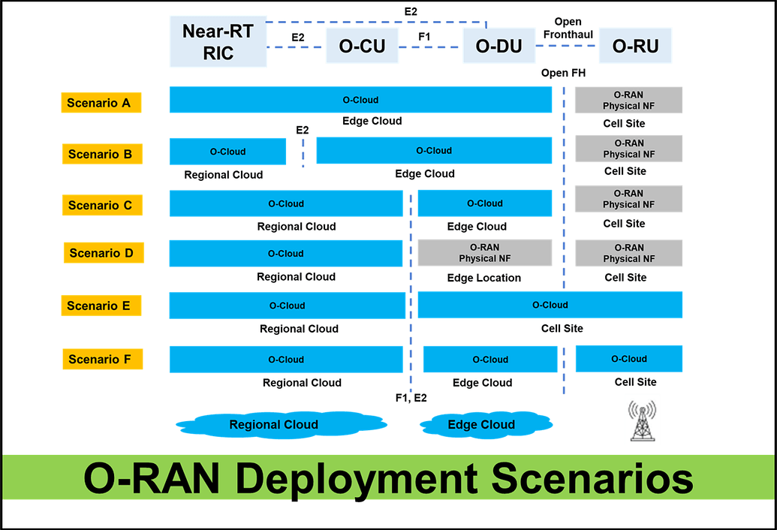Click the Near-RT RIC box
tap(218, 42)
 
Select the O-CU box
tap(362, 47)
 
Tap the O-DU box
tap(498, 47)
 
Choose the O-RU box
tap(635, 47)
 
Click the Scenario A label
tap(101, 103)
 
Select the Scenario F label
tap(101, 360)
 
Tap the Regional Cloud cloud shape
tap(274, 425)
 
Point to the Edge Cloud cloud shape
tap(481, 425)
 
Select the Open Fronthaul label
tap(568, 28)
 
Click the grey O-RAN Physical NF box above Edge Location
tap(484, 253)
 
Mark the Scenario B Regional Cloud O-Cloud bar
tap(227, 152)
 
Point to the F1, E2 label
tap(411, 398)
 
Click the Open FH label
tap(563, 74)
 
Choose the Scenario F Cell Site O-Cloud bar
tap(628, 359)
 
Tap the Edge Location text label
tap(483, 278)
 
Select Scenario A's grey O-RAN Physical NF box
tap(628, 101)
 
